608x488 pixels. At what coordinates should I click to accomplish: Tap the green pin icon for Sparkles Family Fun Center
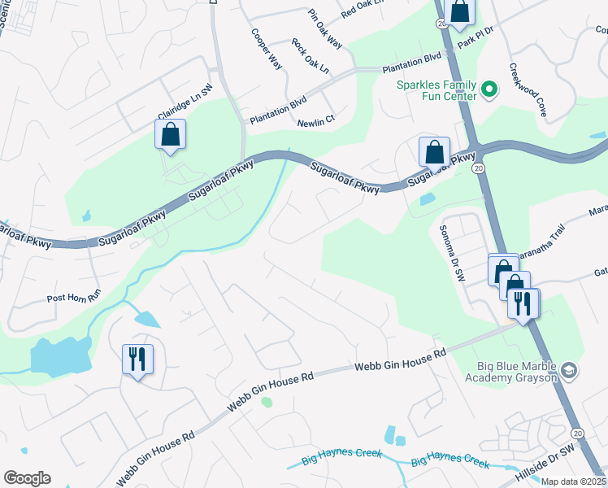click(x=489, y=89)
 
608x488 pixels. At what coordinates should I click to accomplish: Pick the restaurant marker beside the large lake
click(x=136, y=359)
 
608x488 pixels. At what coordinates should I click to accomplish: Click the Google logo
click(x=27, y=478)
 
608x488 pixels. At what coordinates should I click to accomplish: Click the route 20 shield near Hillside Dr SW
click(x=577, y=434)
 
